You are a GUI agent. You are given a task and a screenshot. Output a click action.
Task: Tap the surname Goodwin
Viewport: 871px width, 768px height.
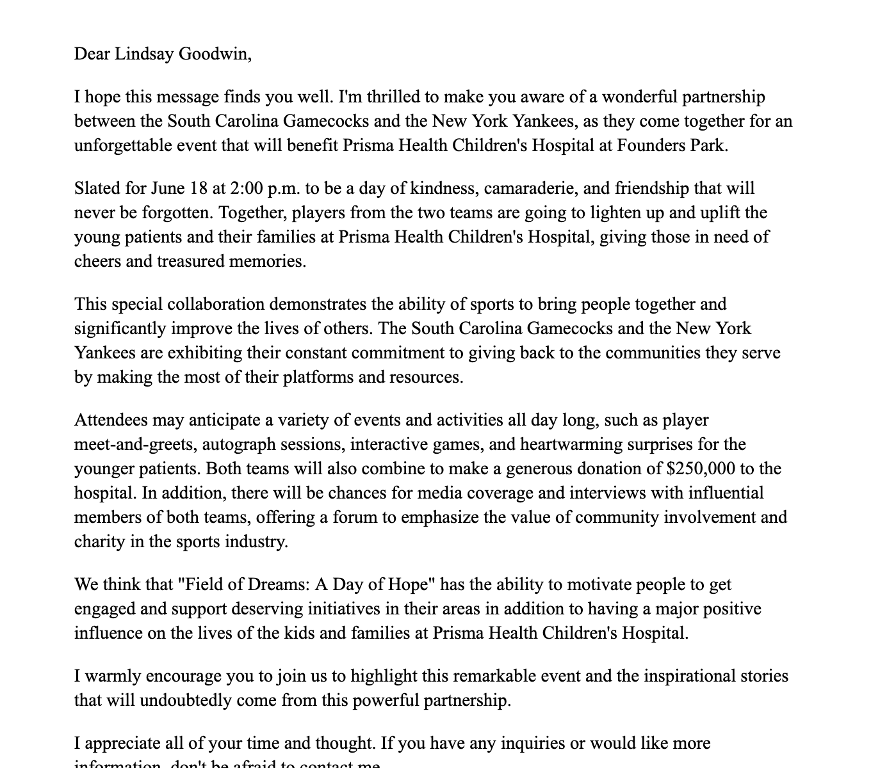(214, 54)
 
